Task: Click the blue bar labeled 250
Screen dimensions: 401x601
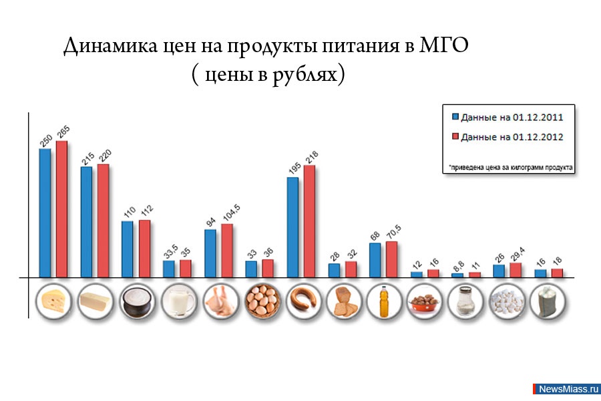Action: tap(45, 213)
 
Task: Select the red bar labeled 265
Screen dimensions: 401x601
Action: tap(62, 209)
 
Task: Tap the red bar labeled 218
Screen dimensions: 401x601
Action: tap(309, 221)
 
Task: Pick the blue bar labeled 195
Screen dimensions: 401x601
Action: tap(292, 227)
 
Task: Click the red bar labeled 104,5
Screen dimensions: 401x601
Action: tap(227, 250)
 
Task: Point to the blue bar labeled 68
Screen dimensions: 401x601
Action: tap(375, 259)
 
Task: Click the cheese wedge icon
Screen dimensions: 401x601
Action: tap(53, 302)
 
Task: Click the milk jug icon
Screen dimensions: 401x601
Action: tap(178, 302)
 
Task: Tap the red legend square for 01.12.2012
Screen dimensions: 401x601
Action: tap(455, 137)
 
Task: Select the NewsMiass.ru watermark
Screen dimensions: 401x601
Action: tap(568, 389)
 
